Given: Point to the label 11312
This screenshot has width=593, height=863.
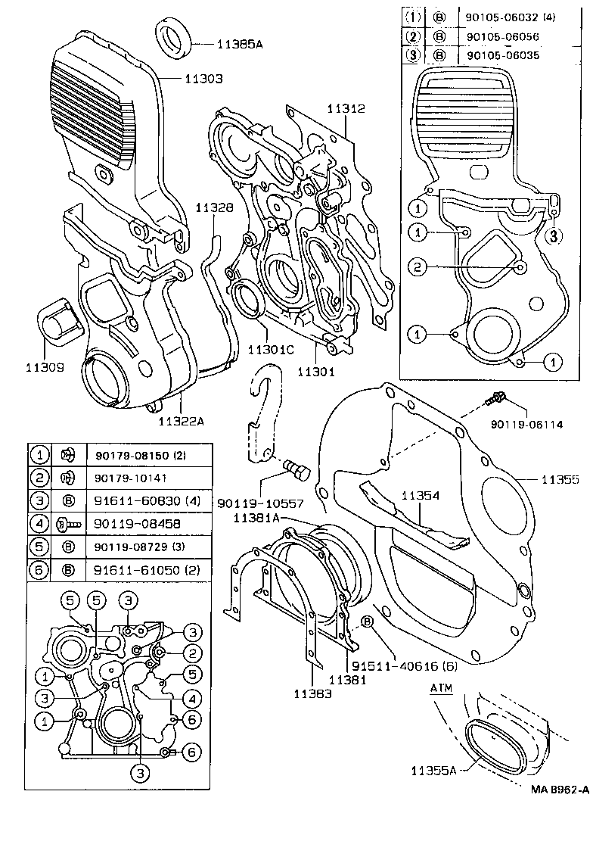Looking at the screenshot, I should (346, 108).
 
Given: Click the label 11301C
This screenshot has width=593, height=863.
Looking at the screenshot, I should (271, 350).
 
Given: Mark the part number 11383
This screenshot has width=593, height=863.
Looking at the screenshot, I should (312, 692).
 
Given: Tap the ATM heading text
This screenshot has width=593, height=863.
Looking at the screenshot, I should (440, 689).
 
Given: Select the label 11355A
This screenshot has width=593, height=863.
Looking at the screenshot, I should (434, 771).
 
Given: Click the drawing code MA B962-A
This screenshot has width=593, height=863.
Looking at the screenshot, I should (559, 789).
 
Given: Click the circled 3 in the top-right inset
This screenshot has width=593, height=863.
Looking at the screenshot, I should (554, 235).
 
